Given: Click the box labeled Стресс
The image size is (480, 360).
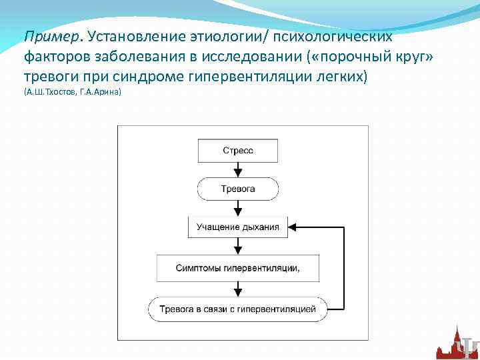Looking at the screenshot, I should [237, 151].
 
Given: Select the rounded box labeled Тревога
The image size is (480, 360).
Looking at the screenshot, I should [237, 189].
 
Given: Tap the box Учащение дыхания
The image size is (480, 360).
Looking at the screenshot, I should [237, 227].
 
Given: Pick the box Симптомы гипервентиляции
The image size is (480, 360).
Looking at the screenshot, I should [237, 268].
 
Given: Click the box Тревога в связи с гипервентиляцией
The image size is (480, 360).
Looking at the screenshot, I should [237, 309].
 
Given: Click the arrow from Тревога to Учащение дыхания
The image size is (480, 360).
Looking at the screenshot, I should [238, 208].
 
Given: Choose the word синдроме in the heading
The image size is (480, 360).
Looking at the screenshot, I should [155, 76].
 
